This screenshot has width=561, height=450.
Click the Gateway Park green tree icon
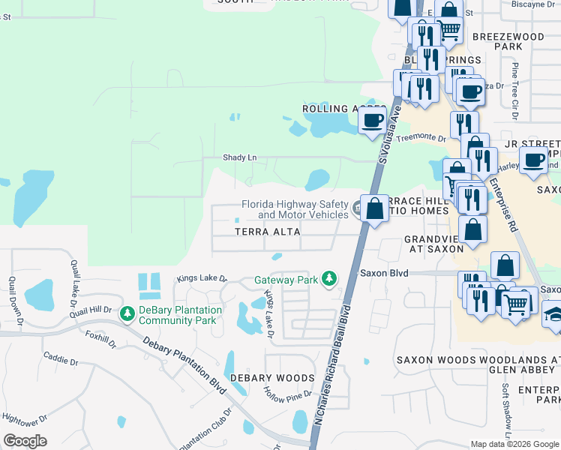(328, 279)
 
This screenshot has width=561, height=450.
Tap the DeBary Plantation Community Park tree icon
(127, 312)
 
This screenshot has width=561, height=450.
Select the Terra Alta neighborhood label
(268, 232)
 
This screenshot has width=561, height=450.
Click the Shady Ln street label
(240, 157)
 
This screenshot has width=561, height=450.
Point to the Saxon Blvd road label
(384, 274)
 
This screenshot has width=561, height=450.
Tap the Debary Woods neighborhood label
(272, 378)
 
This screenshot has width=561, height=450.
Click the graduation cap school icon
(553, 314)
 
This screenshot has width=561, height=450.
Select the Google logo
(25, 441)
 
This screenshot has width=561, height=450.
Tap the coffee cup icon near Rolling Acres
(372, 120)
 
